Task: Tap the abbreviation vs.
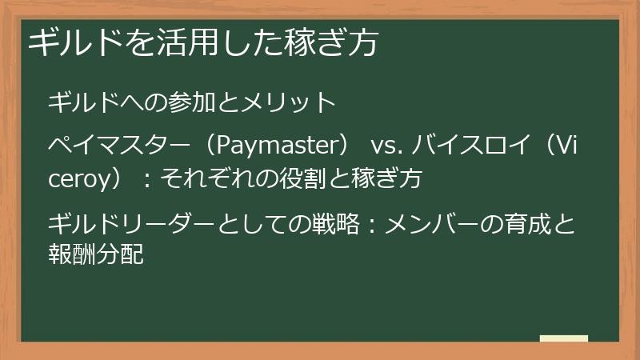pyautogui.click(x=385, y=146)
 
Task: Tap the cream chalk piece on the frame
pyautogui.click(x=564, y=338)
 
